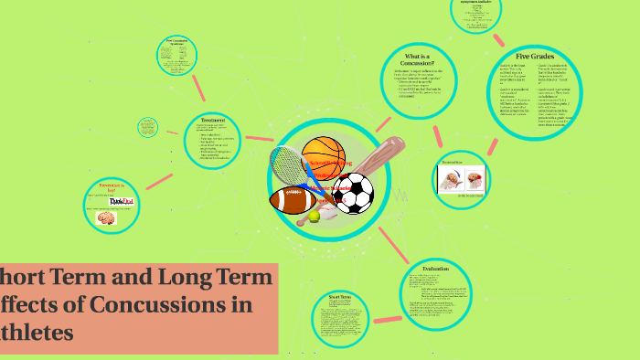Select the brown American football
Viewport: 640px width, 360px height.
[293, 199]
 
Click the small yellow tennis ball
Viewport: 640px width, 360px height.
[315, 217]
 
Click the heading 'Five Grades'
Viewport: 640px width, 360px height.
[534, 56]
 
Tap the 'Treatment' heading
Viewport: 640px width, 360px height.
[213, 119]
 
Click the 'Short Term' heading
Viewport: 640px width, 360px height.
[339, 297]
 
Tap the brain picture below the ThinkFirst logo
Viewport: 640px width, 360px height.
[107, 218]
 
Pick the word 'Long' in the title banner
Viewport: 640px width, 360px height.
[181, 276]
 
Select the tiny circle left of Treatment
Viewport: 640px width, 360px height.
[149, 127]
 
